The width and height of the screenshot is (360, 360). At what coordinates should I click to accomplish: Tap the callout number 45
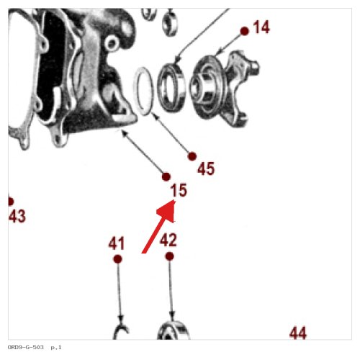(206, 168)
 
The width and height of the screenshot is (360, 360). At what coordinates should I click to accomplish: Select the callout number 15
(179, 190)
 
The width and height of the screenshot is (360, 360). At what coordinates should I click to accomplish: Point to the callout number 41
(117, 243)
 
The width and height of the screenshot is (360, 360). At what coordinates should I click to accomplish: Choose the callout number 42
(168, 240)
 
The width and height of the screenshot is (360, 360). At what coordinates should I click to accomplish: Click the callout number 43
(17, 216)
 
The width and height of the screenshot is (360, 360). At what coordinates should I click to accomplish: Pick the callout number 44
(298, 333)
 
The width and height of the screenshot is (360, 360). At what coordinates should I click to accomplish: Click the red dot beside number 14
(245, 31)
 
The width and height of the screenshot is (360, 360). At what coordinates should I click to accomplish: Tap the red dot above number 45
(192, 156)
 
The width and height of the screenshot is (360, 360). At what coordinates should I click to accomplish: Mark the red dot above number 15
(166, 177)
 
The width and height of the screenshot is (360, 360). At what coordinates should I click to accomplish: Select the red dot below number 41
(117, 259)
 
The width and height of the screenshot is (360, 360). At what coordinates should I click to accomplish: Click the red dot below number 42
(169, 256)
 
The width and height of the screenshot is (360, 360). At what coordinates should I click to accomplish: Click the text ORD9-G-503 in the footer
(26, 347)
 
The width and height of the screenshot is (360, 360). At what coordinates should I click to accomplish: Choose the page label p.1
(56, 348)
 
